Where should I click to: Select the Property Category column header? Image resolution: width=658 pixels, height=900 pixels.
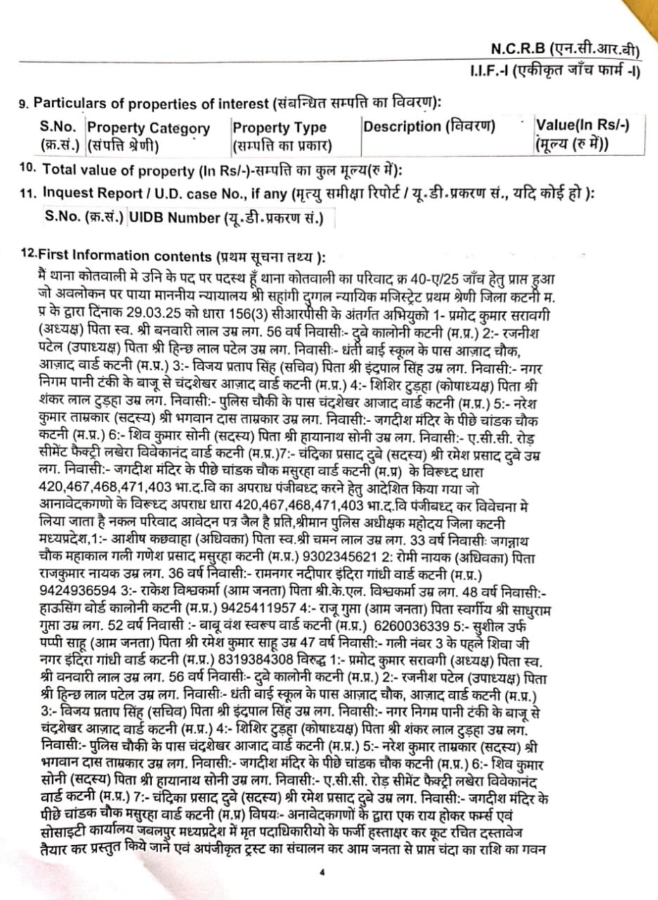coord(148,128)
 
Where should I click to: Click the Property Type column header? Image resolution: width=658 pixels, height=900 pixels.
coord(279,127)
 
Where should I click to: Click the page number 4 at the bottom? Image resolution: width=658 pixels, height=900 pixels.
coord(321,873)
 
